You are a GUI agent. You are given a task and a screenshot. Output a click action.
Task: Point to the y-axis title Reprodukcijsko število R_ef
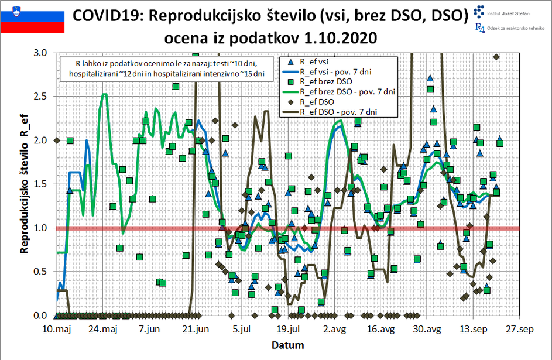click(25, 184)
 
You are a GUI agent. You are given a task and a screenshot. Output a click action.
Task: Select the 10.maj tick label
click(57, 330)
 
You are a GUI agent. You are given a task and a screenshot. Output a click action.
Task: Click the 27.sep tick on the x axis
click(519, 330)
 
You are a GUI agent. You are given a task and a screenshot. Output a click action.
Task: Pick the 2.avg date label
click(334, 330)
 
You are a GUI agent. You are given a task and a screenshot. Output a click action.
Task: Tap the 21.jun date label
click(196, 330)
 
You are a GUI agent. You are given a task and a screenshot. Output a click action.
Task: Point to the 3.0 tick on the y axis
click(40, 53)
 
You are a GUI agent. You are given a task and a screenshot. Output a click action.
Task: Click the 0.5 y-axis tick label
click(40, 272)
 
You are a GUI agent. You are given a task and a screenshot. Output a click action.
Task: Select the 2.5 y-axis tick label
click(40, 97)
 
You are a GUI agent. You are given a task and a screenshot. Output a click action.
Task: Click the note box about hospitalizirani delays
click(167, 68)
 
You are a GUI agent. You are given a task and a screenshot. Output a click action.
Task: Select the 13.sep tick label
click(473, 330)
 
